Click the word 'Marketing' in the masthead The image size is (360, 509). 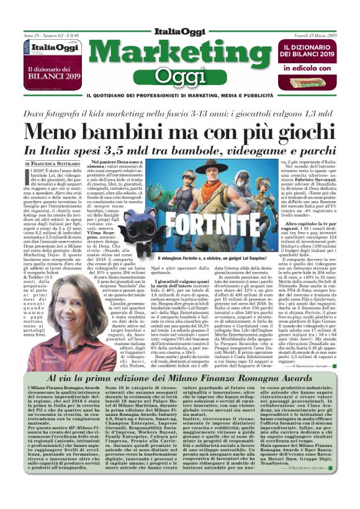tap(179, 52)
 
